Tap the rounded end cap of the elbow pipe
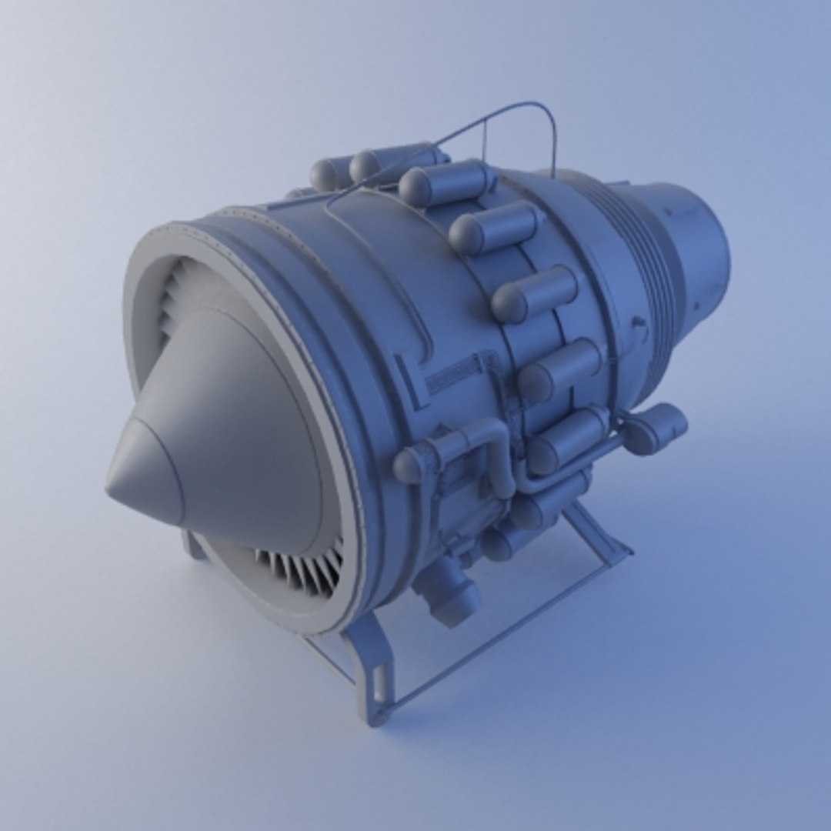pyautogui.click(x=409, y=466)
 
